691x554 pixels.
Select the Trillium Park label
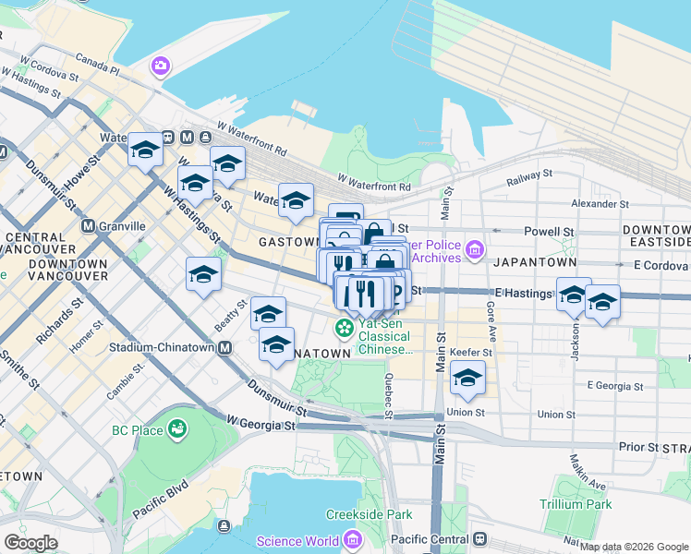click(576, 504)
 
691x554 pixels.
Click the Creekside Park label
click(369, 514)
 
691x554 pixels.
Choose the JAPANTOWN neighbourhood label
click(528, 262)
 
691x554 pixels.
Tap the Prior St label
click(639, 447)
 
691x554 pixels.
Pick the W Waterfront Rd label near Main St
click(373, 186)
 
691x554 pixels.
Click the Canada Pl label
click(98, 67)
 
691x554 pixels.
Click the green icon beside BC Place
click(176, 429)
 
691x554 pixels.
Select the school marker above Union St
click(467, 379)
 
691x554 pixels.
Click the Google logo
click(30, 543)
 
